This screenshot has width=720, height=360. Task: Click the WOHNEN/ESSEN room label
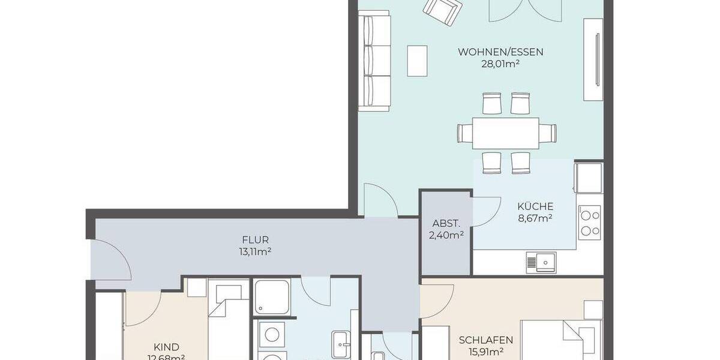500,52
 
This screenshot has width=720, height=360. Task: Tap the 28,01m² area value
500,64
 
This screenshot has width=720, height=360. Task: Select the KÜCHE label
535,206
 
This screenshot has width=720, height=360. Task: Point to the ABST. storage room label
445,223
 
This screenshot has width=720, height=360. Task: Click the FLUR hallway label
252,240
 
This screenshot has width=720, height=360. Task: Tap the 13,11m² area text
252,252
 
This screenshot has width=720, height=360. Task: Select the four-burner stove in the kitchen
590,221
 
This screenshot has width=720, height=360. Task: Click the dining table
506,133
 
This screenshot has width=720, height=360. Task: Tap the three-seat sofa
373,62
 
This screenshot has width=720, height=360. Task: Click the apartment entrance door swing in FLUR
112,258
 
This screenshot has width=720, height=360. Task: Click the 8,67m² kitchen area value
535,218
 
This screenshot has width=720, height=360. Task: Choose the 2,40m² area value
445,235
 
